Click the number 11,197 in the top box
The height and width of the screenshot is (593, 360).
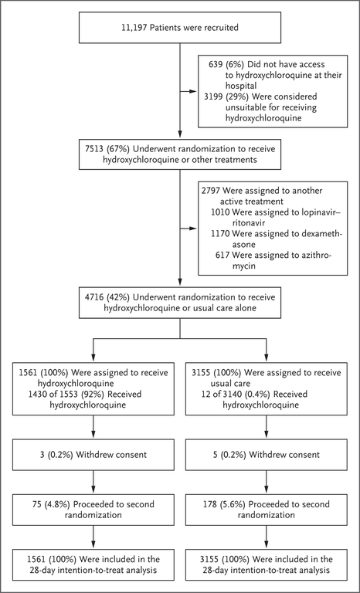(134, 28)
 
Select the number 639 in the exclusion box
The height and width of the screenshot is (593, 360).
(216, 65)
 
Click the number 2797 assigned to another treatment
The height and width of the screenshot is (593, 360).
(212, 191)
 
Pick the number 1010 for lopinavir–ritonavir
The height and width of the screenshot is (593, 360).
(220, 212)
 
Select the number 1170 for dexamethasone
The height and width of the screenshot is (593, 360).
(220, 234)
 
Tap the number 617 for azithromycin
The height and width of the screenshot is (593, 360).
(222, 255)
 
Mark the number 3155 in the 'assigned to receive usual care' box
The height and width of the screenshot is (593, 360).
(201, 373)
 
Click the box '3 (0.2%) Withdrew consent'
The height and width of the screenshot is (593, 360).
(93, 455)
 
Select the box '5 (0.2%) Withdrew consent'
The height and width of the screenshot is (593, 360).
(266, 455)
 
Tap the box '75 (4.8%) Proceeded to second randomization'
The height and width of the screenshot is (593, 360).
(93, 510)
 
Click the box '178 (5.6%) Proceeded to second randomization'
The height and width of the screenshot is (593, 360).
(266, 510)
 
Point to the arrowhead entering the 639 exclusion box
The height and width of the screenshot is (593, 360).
(193, 91)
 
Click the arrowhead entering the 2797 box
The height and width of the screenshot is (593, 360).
(193, 229)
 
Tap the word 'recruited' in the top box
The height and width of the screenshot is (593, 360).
(222, 28)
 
